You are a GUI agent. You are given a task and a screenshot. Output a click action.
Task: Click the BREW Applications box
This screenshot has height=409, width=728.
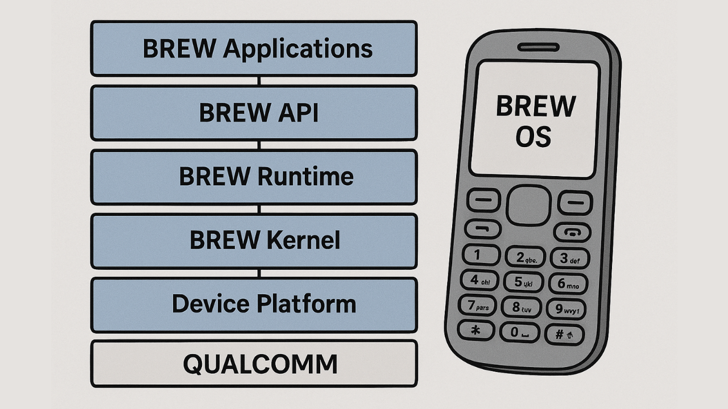tap(254, 48)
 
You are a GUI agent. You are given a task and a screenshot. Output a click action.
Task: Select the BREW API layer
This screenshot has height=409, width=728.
tap(254, 112)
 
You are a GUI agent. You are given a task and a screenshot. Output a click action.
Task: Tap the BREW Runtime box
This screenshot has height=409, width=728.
tap(254, 177)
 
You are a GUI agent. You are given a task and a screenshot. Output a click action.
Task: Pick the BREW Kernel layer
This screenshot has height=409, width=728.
tap(254, 241)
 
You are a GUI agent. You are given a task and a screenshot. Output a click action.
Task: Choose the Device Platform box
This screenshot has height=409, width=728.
tap(254, 304)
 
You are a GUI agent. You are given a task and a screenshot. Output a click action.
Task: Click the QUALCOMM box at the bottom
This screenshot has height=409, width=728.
tap(254, 364)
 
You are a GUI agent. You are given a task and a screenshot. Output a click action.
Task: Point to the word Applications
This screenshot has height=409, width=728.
tap(297, 49)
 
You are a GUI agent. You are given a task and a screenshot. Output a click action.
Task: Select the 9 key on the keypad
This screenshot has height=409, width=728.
tap(565, 309)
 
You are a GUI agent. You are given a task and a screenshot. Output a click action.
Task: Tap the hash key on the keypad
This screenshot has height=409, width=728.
tap(564, 333)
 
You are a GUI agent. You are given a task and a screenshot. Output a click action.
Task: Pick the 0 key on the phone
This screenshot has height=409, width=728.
tap(519, 332)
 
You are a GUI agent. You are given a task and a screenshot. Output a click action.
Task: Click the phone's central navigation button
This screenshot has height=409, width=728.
tap(528, 205)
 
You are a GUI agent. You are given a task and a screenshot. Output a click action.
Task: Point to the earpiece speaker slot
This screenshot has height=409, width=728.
tap(537, 47)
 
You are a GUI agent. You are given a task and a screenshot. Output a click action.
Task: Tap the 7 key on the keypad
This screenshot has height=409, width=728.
tap(477, 306)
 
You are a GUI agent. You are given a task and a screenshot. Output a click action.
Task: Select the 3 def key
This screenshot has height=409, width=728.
tap(569, 258)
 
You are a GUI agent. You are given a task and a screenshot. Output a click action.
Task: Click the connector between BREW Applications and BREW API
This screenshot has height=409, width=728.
tap(259, 81)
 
